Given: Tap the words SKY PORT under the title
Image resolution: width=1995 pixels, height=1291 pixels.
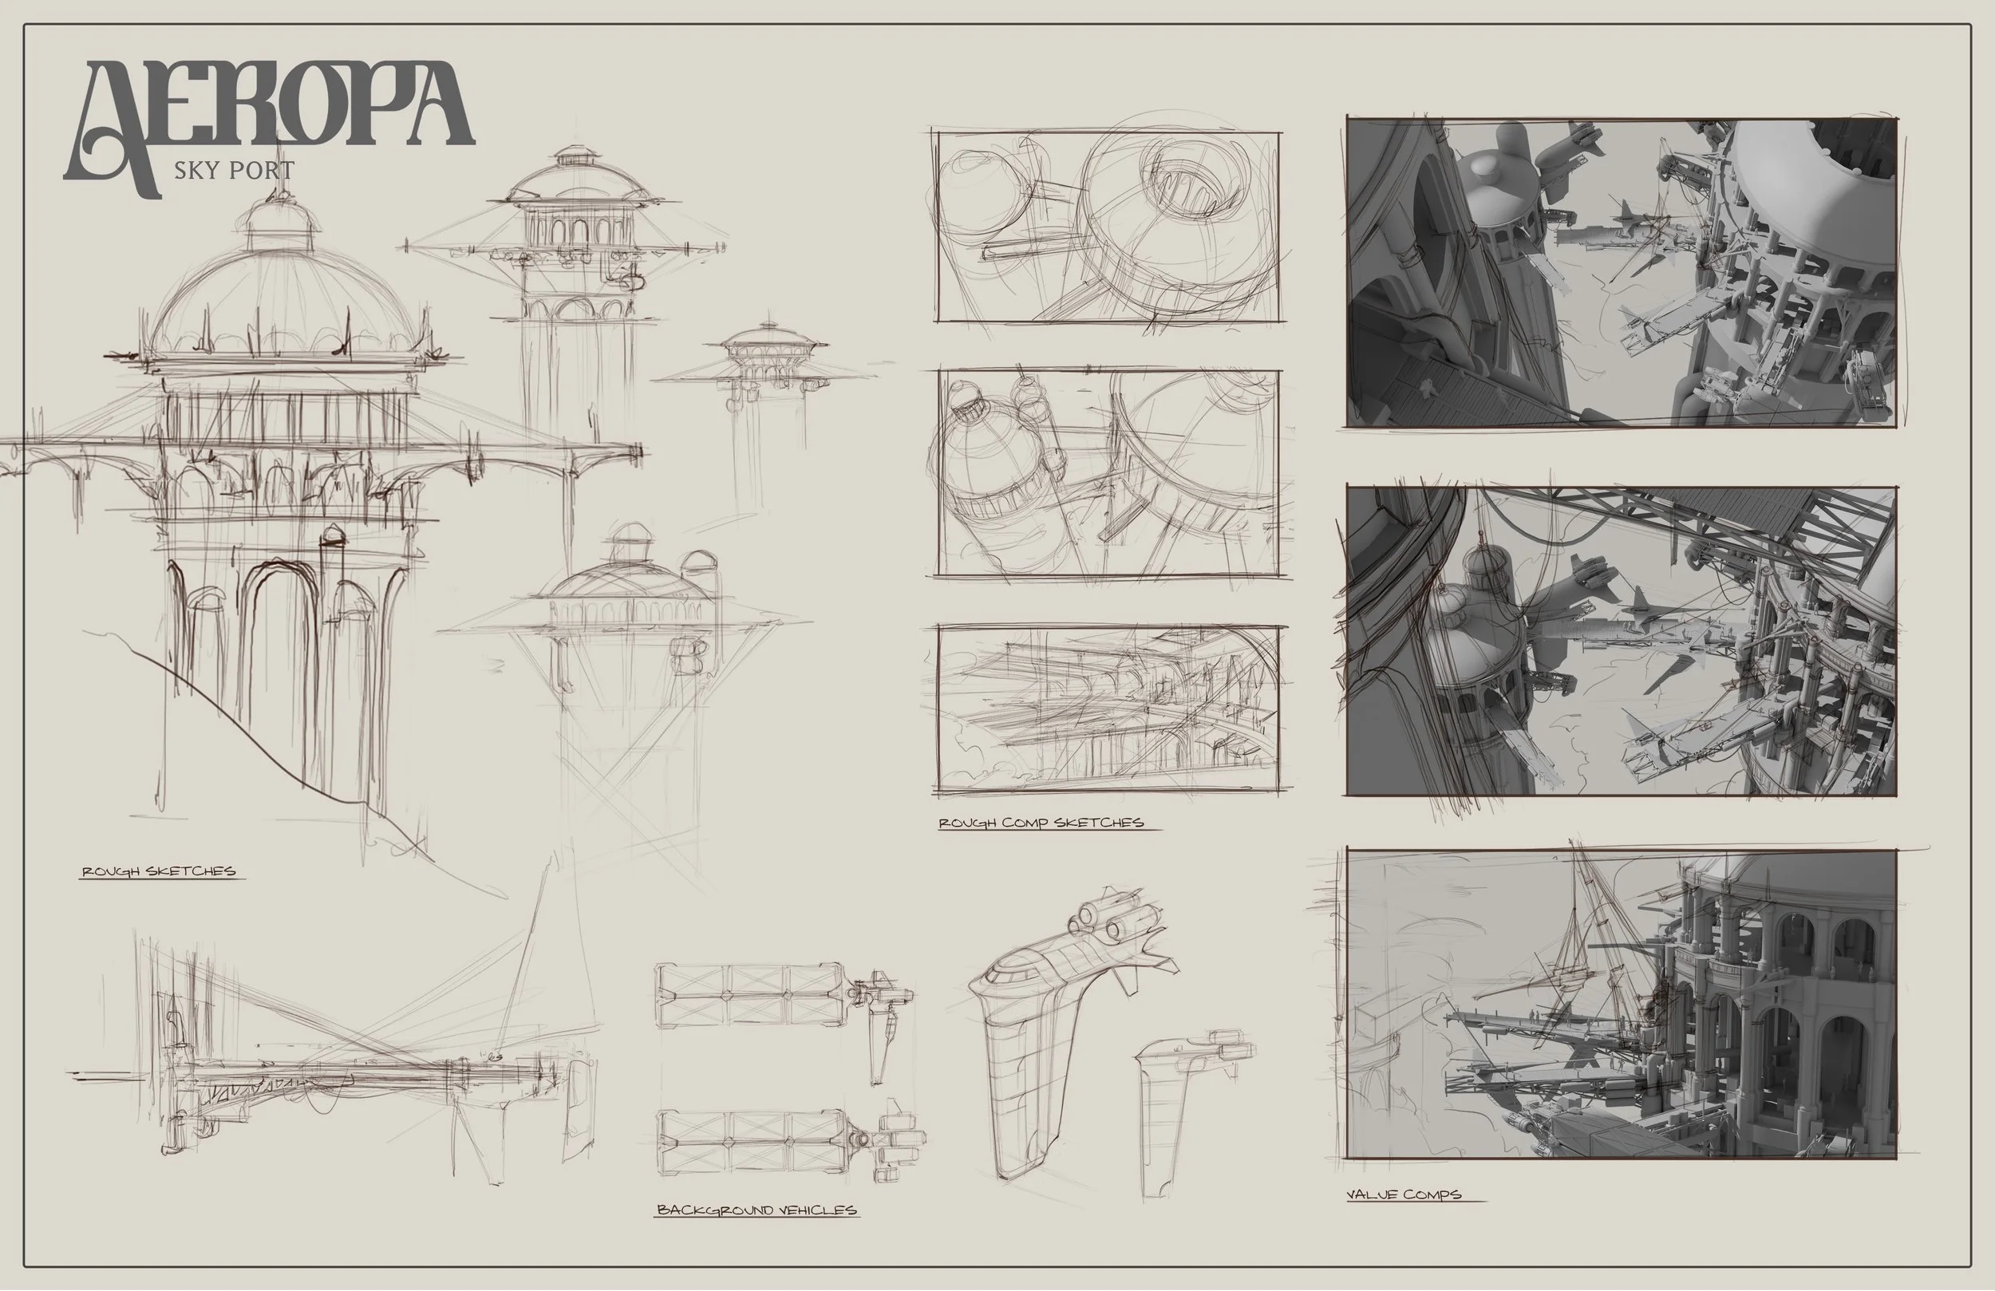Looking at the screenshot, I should point(234,170).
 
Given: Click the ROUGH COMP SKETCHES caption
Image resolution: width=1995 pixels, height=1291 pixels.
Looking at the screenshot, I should point(1041,823).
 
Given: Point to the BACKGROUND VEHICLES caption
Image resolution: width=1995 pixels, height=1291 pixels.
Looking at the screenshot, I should point(756,1210).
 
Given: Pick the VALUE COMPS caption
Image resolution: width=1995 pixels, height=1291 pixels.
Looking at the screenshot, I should point(1403,1194).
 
